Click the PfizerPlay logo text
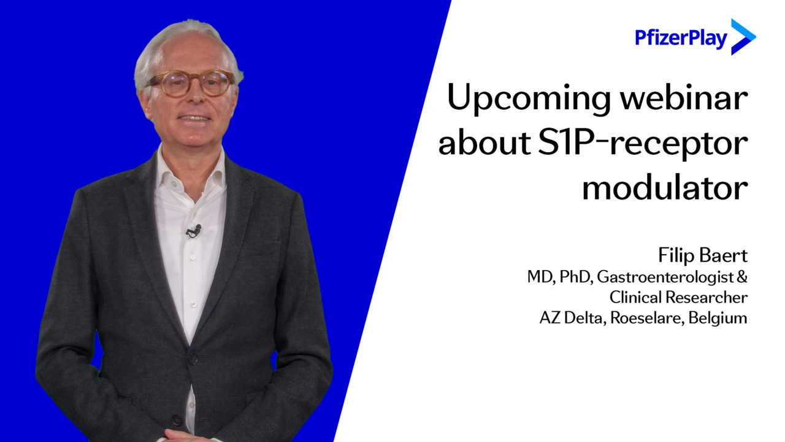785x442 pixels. [681, 38]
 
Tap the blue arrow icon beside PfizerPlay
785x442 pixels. [743, 37]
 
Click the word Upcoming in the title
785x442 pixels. [529, 99]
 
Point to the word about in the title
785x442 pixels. [484, 142]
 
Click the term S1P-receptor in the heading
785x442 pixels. [643, 144]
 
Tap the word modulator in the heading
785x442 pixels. [665, 187]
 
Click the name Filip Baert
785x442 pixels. [703, 255]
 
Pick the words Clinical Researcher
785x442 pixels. [678, 297]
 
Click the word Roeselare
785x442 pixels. [647, 318]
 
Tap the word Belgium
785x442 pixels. [718, 318]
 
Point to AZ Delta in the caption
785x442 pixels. [573, 318]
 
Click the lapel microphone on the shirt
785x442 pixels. [194, 231]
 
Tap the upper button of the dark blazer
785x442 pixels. [193, 359]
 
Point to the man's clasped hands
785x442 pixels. [190, 435]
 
